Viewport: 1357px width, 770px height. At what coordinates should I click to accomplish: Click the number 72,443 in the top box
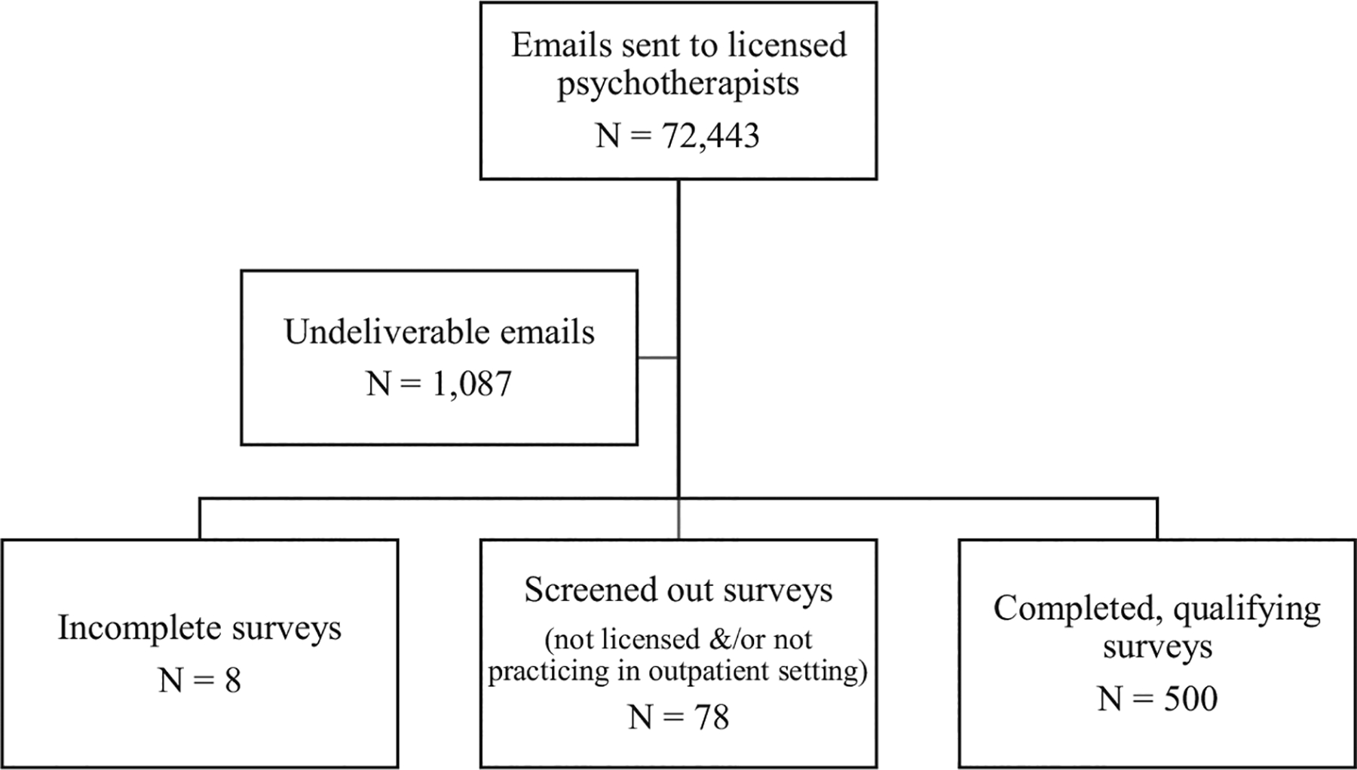tap(710, 137)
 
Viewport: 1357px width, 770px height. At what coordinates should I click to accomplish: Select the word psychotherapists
tap(678, 84)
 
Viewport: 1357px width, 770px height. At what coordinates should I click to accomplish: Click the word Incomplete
tap(140, 628)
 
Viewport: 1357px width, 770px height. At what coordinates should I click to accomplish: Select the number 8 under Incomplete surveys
tap(232, 681)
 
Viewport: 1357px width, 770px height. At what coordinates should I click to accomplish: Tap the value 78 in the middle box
tap(711, 717)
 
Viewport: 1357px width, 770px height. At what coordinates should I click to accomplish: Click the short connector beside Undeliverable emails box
tap(657, 357)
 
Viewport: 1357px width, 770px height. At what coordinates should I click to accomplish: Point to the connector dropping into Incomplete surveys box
tap(200, 518)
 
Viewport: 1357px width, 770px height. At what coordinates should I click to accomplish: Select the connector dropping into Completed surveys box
tap(1157, 518)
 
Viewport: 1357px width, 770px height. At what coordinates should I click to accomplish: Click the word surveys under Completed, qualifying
tap(1157, 648)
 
